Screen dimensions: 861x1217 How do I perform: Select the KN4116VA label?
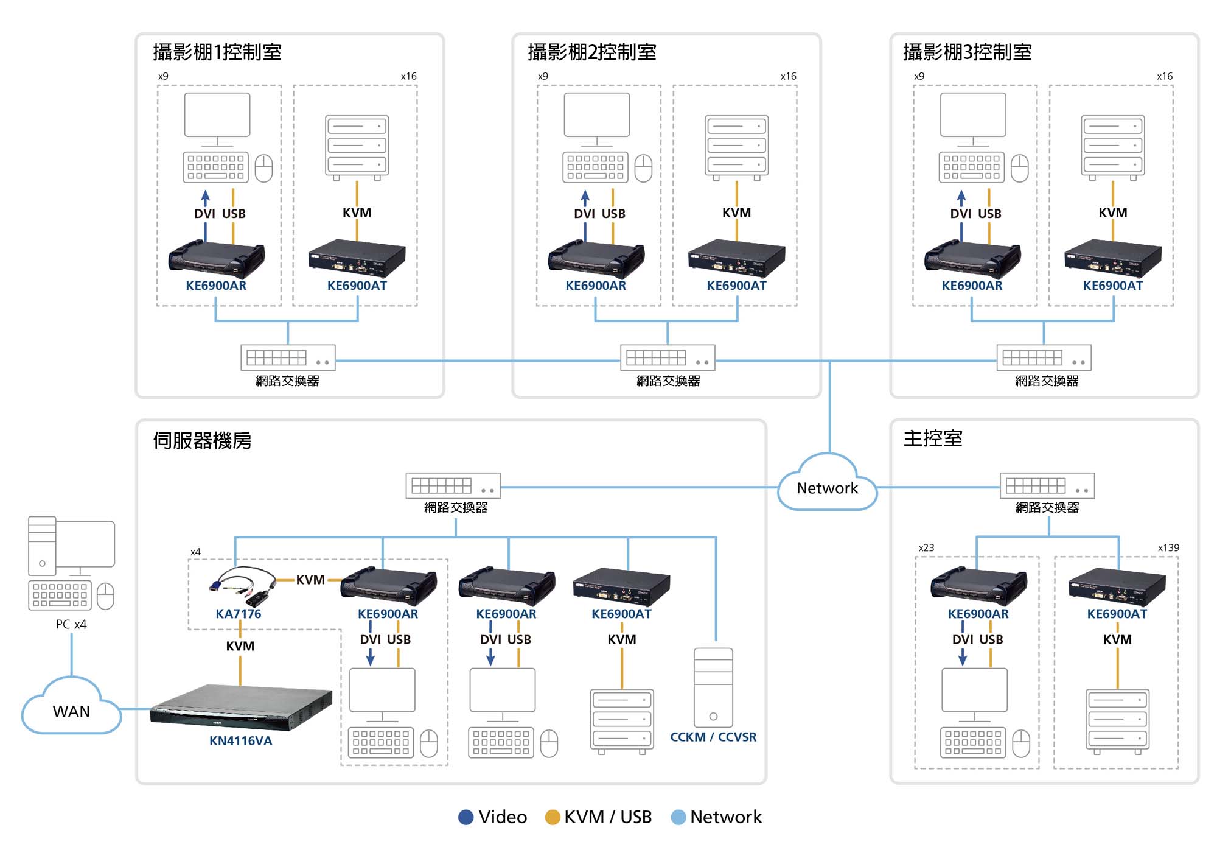click(241, 741)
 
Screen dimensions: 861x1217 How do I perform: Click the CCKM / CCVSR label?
click(713, 737)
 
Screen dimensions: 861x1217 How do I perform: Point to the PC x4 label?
click(71, 624)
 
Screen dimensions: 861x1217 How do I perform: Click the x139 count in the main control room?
click(1168, 547)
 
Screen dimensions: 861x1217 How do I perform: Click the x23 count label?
click(926, 547)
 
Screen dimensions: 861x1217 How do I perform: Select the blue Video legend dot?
click(466, 817)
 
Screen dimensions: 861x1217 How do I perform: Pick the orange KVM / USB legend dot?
click(553, 817)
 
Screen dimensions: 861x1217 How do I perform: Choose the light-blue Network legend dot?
click(678, 817)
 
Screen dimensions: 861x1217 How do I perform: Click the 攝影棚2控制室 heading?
click(591, 52)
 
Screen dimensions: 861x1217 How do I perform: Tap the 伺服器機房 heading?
click(202, 440)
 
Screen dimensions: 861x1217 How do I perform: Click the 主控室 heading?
click(932, 438)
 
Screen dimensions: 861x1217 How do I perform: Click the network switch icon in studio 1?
click(288, 357)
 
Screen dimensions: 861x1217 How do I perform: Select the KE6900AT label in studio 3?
click(1112, 286)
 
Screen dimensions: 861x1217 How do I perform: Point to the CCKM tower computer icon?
click(713, 687)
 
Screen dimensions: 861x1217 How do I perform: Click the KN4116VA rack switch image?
click(241, 708)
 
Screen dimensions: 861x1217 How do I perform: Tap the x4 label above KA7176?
click(195, 552)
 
